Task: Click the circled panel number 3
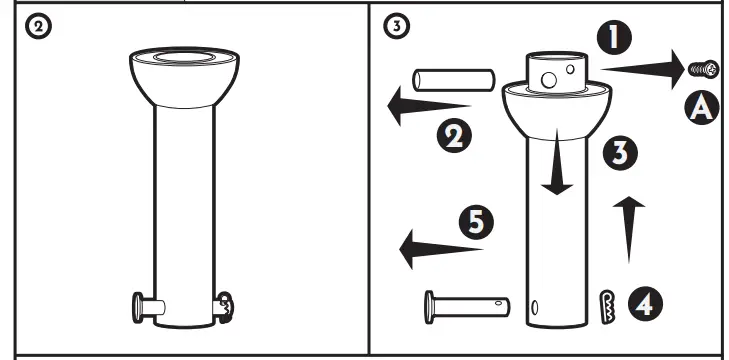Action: click(398, 28)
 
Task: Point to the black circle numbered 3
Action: click(622, 153)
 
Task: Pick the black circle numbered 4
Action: click(644, 301)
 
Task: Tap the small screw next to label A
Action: click(705, 68)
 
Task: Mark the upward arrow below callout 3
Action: click(626, 229)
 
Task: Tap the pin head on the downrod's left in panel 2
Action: click(143, 306)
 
